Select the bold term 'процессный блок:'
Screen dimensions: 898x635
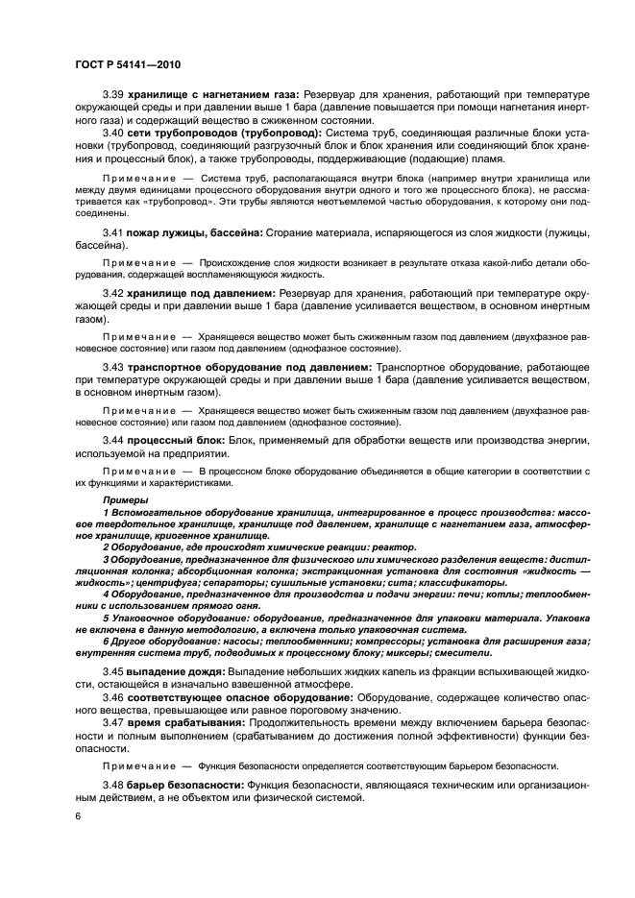click(176, 440)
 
